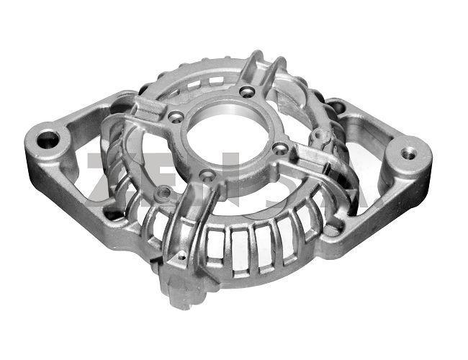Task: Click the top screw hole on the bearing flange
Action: (249, 91)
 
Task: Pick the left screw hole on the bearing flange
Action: (175, 117)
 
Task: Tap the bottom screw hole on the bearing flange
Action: (207, 175)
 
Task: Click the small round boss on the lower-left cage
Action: (165, 192)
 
